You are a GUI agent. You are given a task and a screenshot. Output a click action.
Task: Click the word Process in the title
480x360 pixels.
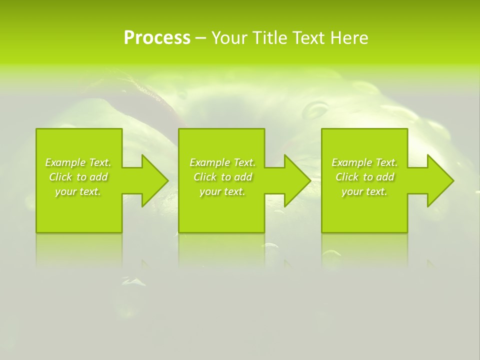[157, 37]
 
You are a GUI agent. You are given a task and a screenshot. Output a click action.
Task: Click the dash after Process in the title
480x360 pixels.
[200, 38]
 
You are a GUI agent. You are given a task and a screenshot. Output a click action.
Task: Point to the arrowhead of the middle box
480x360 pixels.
[296, 180]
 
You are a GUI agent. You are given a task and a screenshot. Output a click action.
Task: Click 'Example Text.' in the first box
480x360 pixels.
[78, 162]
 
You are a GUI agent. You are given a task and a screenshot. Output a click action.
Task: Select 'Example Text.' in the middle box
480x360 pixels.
[222, 162]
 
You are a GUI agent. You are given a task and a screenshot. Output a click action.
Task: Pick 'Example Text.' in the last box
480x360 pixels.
[364, 162]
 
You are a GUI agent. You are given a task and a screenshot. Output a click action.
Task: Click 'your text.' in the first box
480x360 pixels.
[78, 191]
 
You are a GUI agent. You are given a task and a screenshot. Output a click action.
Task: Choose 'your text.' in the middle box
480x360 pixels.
[222, 191]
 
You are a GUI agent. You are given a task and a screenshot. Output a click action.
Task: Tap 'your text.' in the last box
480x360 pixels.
[364, 191]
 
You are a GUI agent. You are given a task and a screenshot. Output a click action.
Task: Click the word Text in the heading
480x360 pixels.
[306, 37]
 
